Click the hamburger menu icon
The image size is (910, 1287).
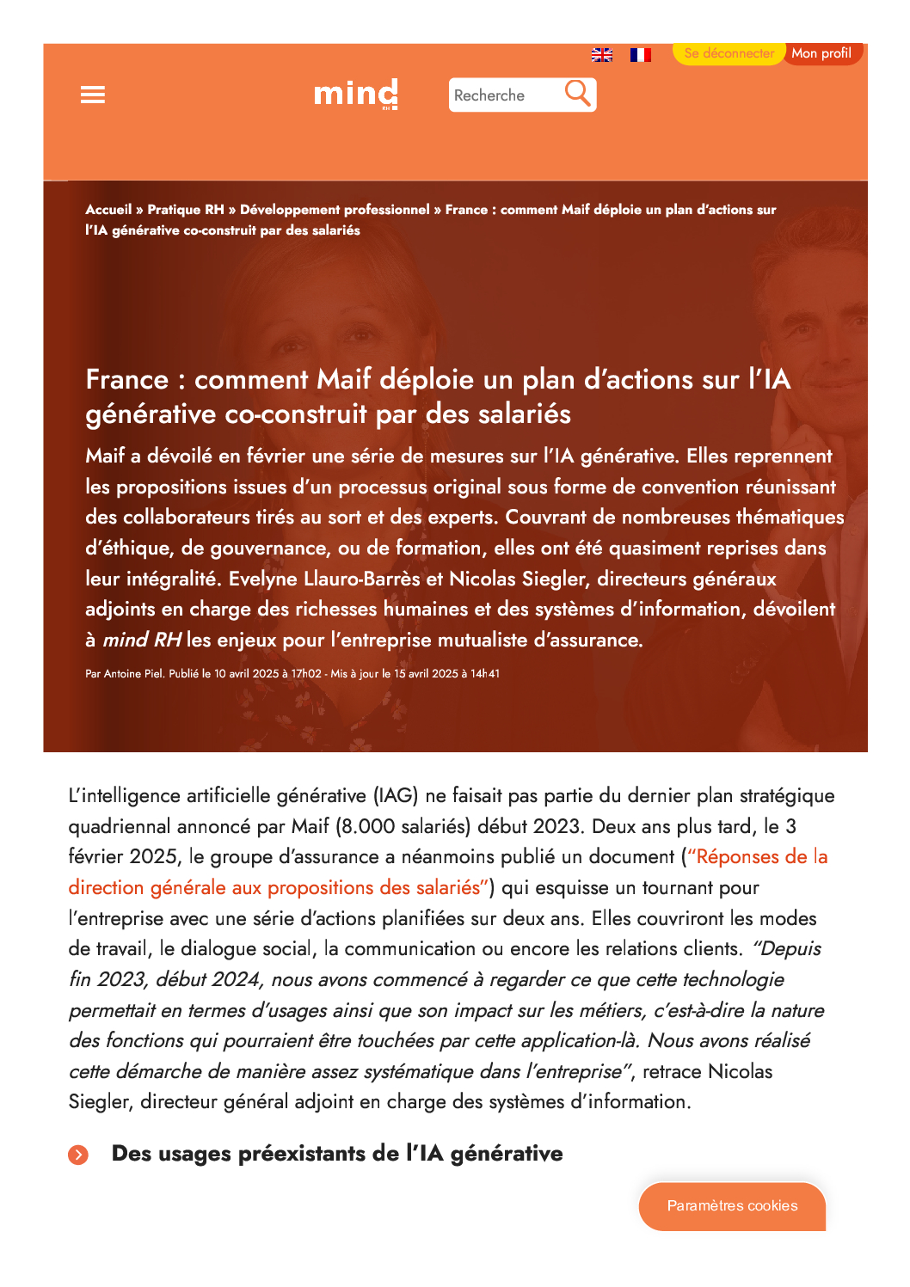(x=93, y=95)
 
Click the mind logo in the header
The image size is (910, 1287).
(x=355, y=94)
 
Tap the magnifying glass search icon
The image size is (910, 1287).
(x=578, y=93)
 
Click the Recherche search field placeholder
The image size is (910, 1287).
(x=489, y=95)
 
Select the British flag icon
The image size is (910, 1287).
(x=602, y=55)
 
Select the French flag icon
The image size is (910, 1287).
(x=640, y=55)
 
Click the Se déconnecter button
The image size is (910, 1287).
(x=729, y=53)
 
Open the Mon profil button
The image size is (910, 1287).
(x=821, y=53)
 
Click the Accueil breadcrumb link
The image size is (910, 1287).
(x=108, y=210)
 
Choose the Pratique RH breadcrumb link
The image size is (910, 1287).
(x=185, y=210)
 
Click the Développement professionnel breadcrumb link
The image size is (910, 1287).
(x=335, y=210)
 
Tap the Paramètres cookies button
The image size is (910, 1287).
(x=732, y=1206)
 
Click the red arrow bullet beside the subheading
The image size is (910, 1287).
(x=78, y=1155)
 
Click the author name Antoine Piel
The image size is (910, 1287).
(x=133, y=674)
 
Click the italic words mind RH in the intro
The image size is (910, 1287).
(x=142, y=640)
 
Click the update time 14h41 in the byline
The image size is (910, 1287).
(x=485, y=674)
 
